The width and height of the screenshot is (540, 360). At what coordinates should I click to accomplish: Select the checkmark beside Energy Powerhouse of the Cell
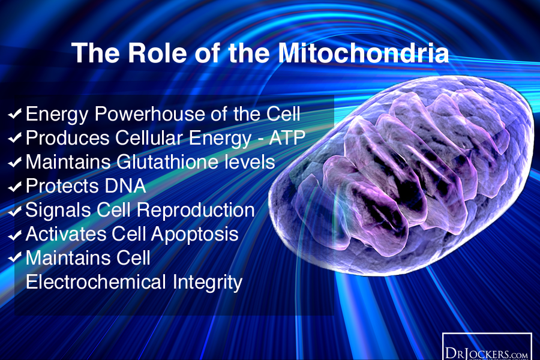(x=16, y=113)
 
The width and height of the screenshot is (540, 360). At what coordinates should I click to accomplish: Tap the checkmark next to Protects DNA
(x=16, y=187)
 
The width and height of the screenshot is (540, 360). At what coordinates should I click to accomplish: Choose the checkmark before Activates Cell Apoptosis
(x=16, y=235)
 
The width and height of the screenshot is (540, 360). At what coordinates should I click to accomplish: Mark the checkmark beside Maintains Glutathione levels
(x=16, y=163)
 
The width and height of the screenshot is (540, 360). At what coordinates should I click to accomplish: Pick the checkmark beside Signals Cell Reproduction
(x=16, y=211)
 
